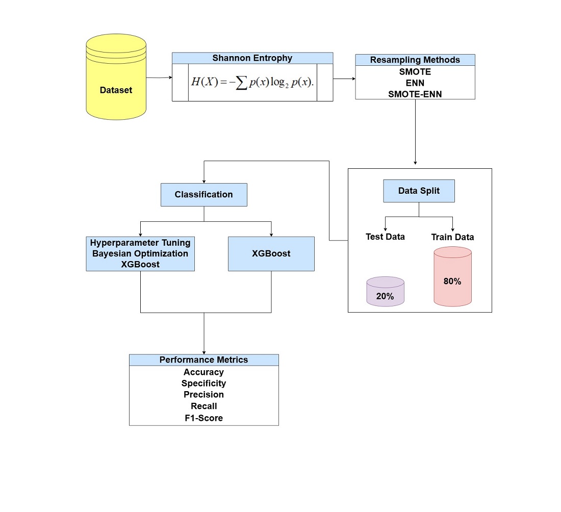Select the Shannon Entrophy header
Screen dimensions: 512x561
coord(252,58)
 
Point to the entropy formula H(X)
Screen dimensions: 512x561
coord(252,83)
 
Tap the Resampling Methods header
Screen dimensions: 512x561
coord(415,60)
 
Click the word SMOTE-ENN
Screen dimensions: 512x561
coord(415,93)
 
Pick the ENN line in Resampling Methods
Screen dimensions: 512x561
coord(415,83)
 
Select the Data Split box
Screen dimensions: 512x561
coord(419,191)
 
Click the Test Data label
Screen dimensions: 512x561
coord(385,237)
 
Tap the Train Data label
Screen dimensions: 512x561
coord(452,237)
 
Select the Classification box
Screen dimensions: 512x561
coord(203,194)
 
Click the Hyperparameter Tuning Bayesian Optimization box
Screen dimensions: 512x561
coord(140,253)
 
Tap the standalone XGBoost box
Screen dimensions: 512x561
coord(271,253)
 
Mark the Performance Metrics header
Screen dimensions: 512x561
coord(203,360)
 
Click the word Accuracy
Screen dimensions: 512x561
coord(203,372)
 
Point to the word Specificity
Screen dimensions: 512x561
coord(203,383)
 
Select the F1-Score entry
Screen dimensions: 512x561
coord(203,418)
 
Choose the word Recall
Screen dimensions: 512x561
coord(203,406)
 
